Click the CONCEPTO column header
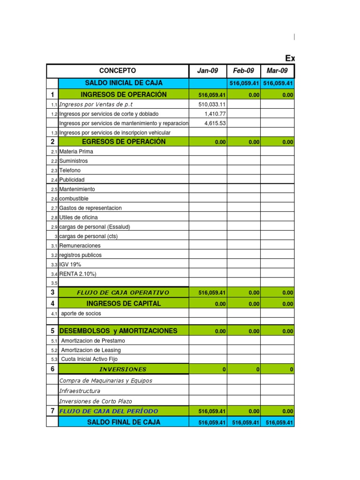pos(118,71)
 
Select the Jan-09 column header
pos(208,71)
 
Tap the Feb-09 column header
pos(243,71)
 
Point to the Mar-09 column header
pos(277,71)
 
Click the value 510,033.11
pos(212,105)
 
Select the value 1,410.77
pos(216,114)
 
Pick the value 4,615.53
pos(216,123)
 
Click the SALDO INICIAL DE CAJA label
pos(124,83)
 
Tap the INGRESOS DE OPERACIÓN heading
pos(124,95)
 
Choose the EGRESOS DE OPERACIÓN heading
pos(124,142)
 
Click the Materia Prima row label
pos(76,152)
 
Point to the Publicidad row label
pos(72,180)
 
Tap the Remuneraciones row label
pos(80,246)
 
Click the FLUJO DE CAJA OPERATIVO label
pos(123,293)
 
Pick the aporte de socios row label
pos(81,313)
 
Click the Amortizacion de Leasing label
pos(91,350)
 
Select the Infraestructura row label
pos(80,391)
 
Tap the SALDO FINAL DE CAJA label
pos(124,422)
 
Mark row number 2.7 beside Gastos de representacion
pos(54,208)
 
